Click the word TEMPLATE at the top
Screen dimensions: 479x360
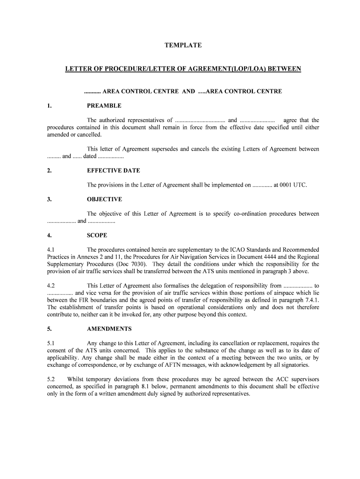183,45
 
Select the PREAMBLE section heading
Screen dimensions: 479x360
104,106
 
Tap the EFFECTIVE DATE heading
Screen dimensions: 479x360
113,171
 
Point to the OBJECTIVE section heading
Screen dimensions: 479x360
104,199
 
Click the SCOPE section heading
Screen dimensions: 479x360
97,235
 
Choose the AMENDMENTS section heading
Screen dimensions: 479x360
109,329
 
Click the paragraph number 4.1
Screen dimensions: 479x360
51,250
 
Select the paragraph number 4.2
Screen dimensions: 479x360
51,285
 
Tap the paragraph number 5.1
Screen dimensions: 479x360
51,343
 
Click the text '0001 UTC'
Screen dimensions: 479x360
293,185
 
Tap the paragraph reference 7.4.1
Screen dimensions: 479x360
310,300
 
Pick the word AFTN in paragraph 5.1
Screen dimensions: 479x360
184,365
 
